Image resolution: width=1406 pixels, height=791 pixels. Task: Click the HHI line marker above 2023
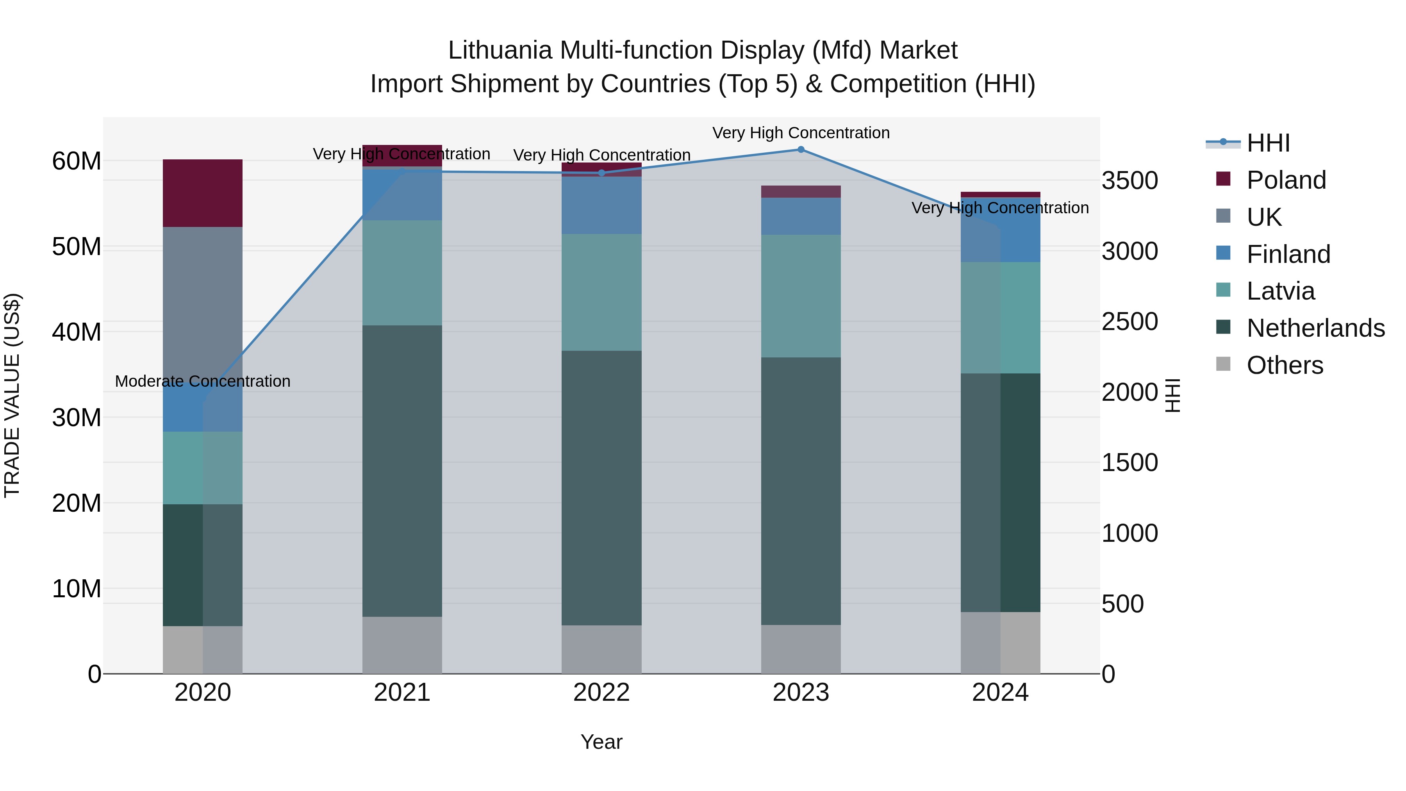point(801,150)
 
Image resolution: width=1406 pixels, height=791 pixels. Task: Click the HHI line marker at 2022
point(601,173)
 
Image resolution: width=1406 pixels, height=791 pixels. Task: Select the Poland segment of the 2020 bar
point(202,193)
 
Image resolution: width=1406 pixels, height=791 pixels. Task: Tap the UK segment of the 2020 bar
point(202,306)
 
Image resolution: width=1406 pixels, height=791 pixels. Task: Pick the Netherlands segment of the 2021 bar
point(402,471)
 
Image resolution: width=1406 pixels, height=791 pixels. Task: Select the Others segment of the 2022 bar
point(601,649)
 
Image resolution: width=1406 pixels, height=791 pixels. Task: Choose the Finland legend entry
point(1288,254)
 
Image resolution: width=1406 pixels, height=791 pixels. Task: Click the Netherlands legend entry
point(1315,328)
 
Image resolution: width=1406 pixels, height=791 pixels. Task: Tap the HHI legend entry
point(1268,143)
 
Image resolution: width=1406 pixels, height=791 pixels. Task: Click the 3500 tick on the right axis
point(1129,181)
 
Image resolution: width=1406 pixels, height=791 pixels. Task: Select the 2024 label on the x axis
point(1000,693)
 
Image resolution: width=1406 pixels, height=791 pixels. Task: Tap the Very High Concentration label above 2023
point(801,133)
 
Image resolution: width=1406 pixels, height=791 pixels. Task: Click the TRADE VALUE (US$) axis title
point(12,395)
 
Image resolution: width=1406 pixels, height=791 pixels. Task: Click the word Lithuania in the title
point(500,50)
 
